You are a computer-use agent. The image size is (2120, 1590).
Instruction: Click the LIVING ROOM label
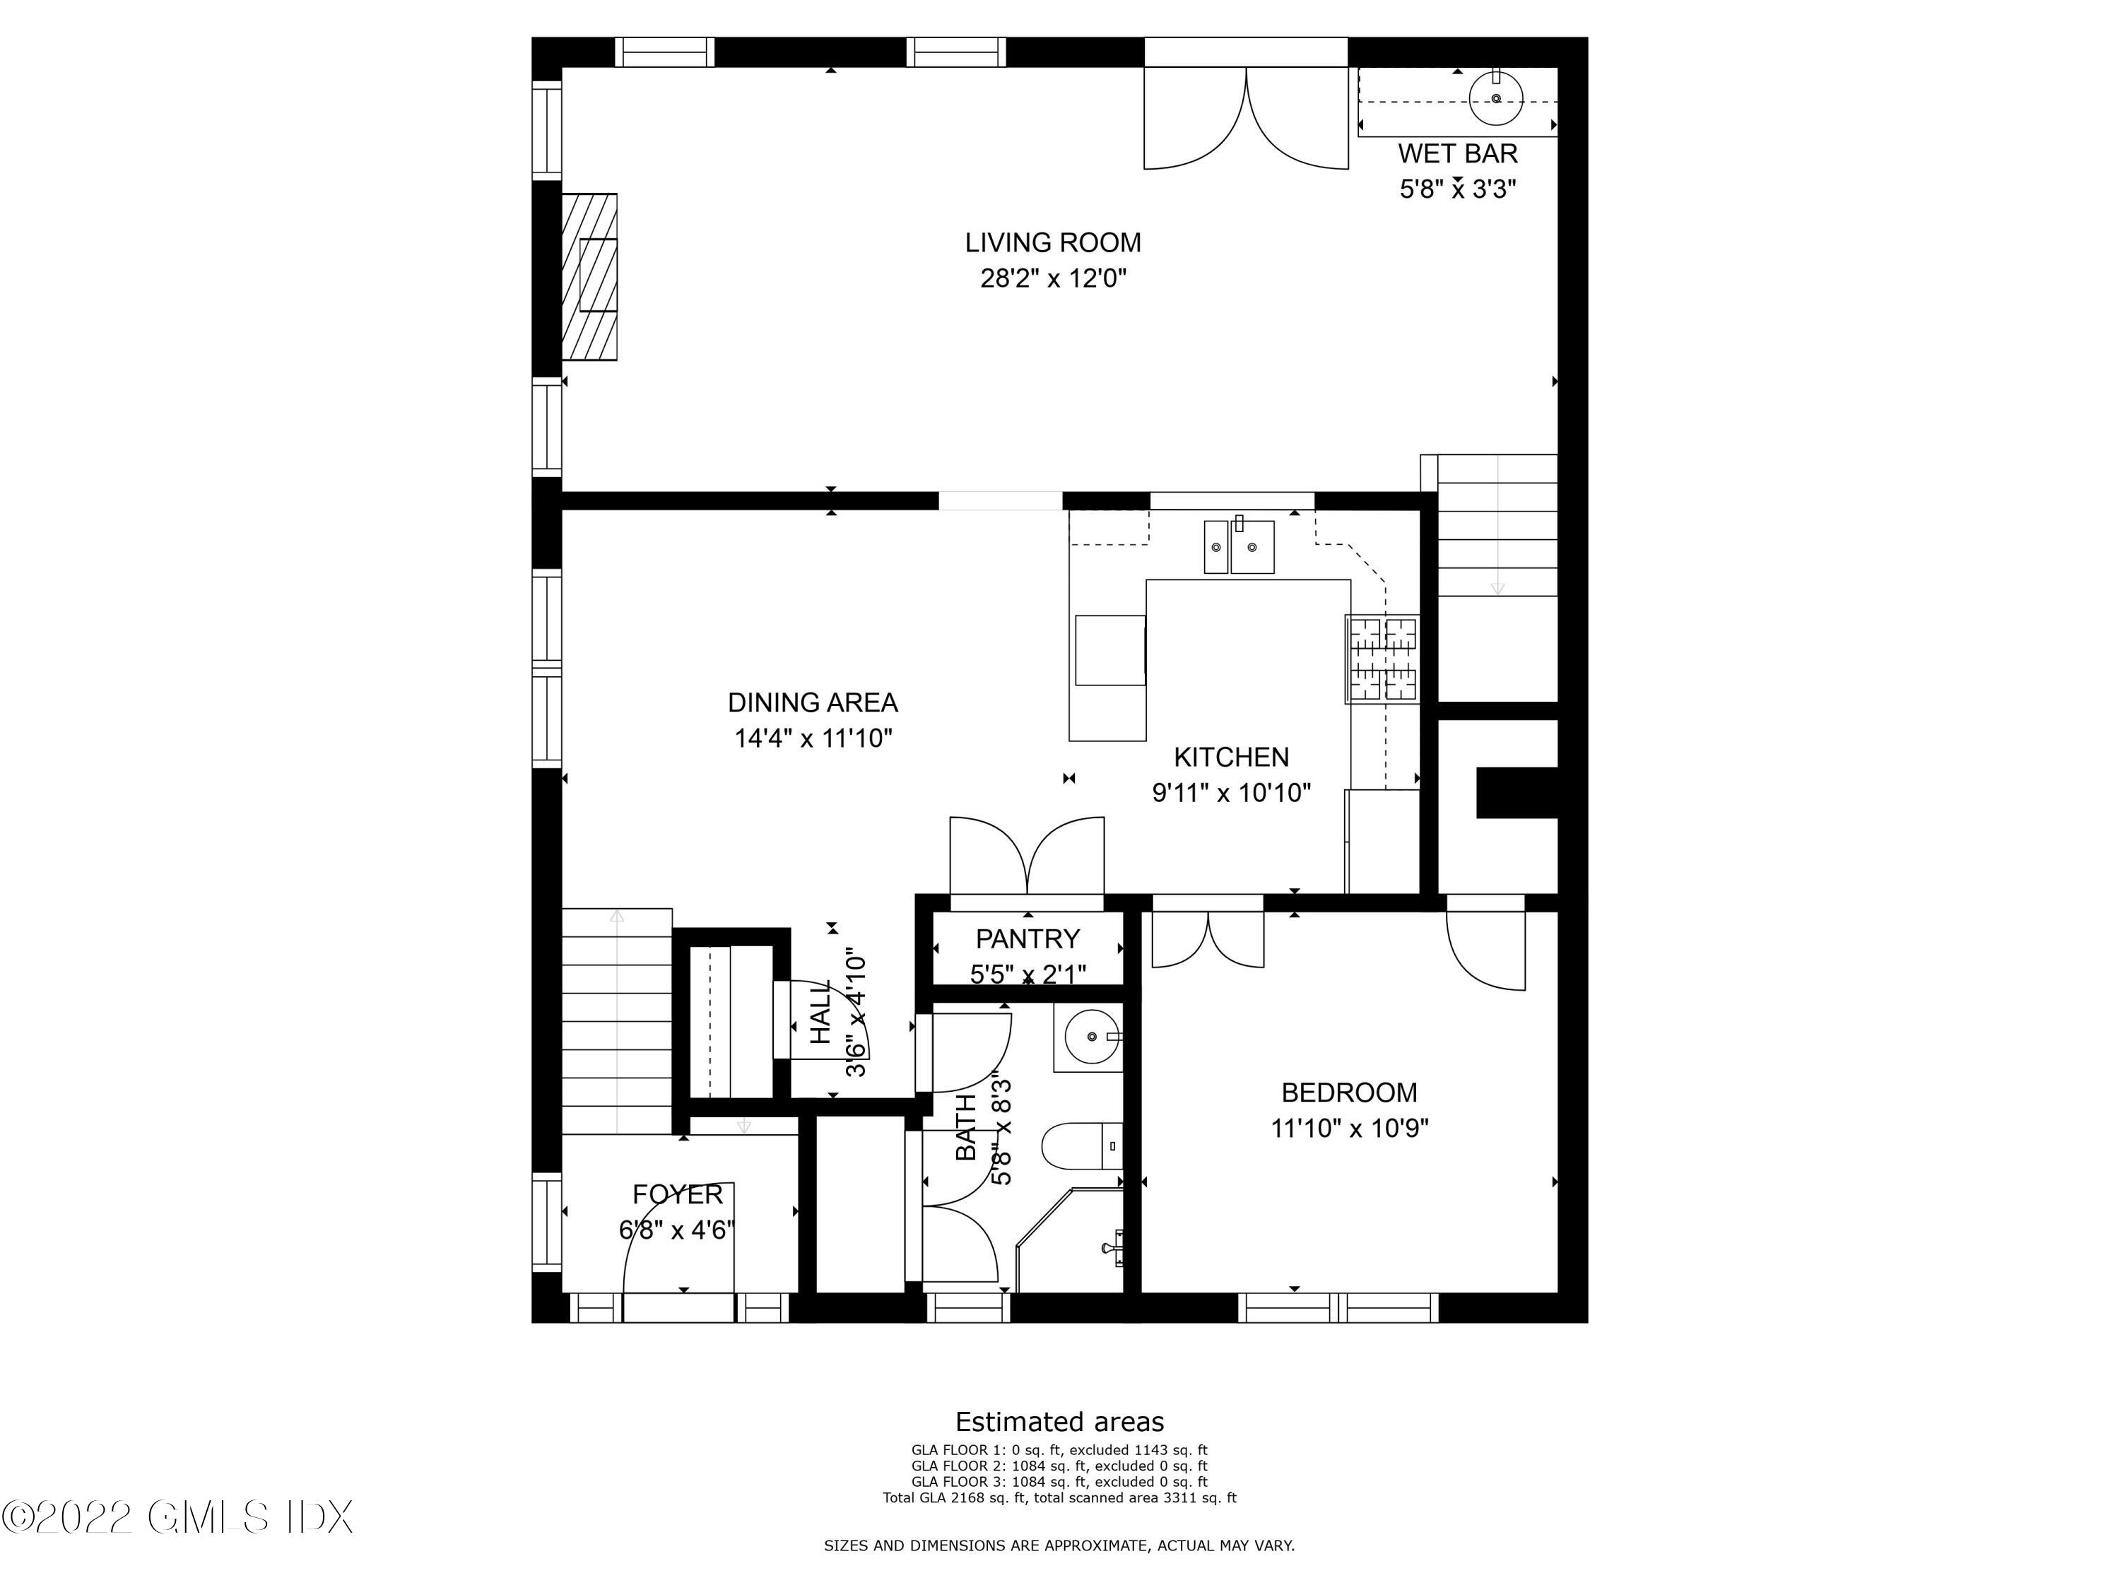coord(1052,242)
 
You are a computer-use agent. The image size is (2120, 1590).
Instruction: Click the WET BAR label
coord(1456,153)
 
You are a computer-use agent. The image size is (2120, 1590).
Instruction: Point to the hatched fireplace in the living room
coord(589,276)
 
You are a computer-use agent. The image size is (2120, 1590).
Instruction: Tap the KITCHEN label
coord(1230,757)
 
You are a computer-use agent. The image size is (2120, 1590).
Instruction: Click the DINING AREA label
coord(812,702)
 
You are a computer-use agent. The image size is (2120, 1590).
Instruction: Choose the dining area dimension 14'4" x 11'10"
coord(813,738)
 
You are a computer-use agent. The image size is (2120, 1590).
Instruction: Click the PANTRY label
coord(1027,938)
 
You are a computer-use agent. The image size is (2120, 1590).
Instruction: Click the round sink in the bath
coord(1092,1037)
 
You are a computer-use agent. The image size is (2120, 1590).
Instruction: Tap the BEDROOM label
coord(1348,1093)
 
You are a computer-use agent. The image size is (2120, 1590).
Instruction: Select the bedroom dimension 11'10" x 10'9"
coord(1348,1128)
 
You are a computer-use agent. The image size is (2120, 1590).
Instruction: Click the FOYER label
coord(677,1194)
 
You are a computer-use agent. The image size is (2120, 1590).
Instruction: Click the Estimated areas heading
coord(1059,1421)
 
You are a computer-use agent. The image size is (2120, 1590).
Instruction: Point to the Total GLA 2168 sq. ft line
coord(1059,1497)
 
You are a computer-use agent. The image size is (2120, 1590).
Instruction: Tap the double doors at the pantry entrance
coord(1027,856)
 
